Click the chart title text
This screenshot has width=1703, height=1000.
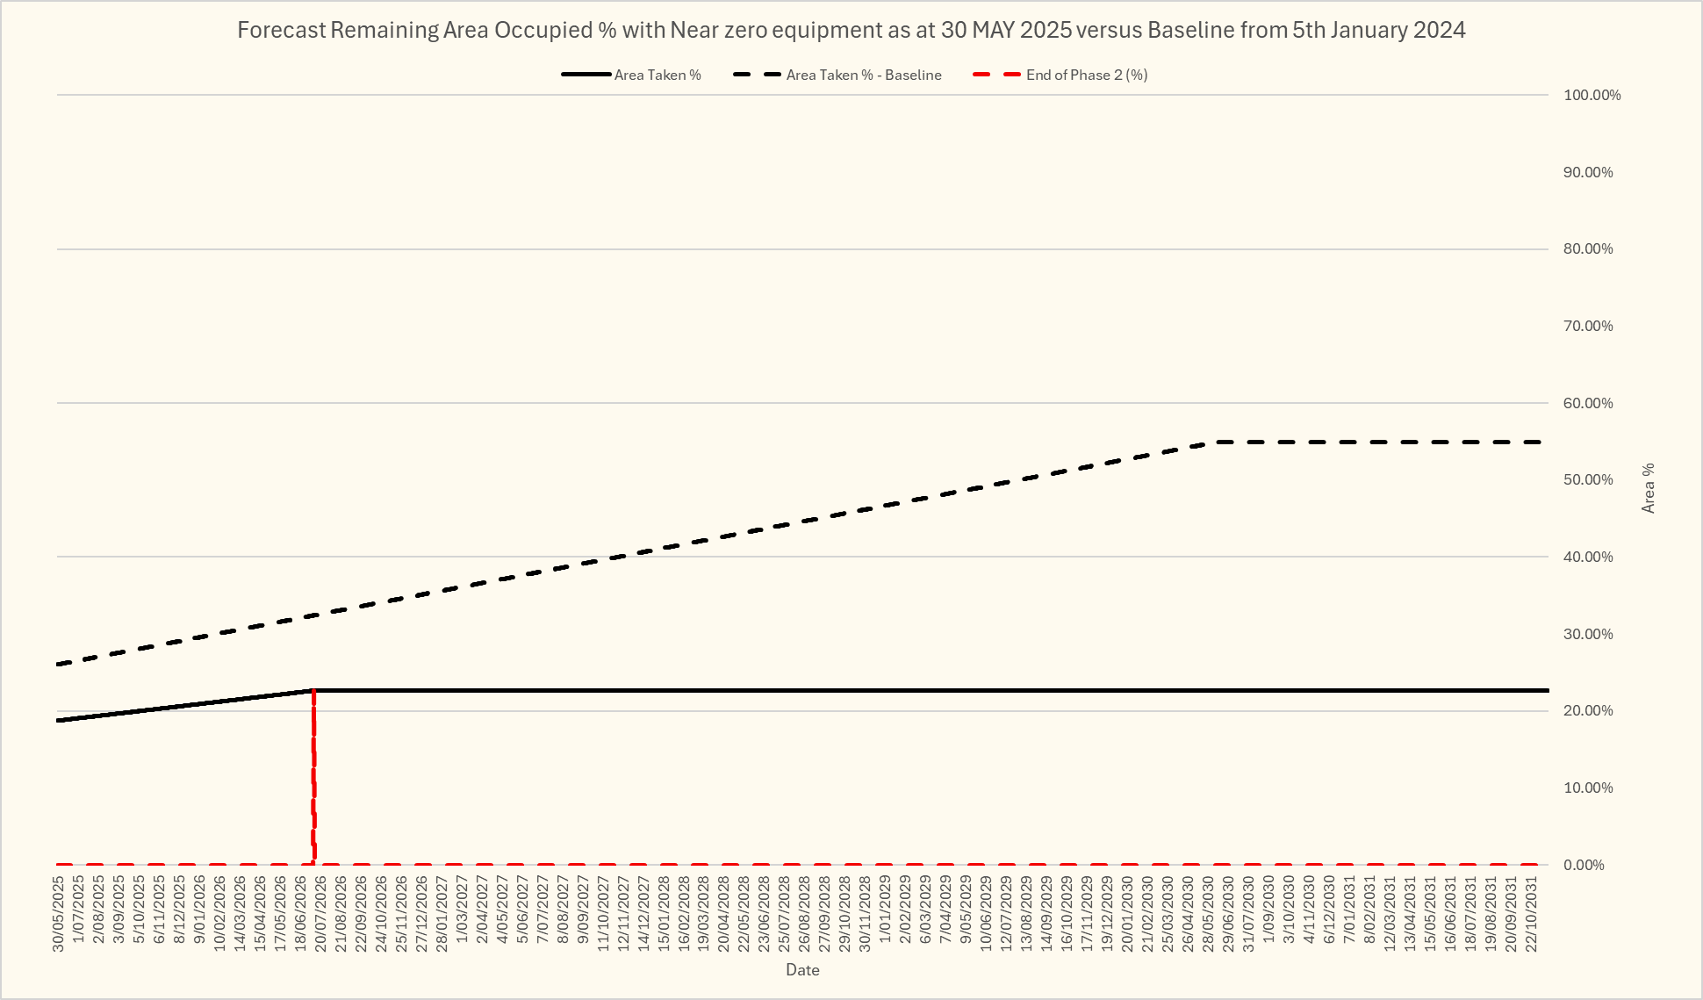[851, 30]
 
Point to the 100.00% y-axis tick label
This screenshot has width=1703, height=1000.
[1592, 95]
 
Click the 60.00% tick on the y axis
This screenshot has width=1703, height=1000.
[1588, 403]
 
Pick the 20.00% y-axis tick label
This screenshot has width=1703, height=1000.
[1588, 710]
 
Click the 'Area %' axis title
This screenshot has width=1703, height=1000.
[1648, 488]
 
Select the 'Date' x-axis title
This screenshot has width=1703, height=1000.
[802, 970]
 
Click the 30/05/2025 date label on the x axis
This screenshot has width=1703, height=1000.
[59, 914]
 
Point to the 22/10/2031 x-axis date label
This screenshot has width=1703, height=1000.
[1531, 914]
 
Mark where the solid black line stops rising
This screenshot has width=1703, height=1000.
[313, 691]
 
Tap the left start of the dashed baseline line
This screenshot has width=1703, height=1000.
[59, 665]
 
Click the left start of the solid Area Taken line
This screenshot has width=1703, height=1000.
[59, 720]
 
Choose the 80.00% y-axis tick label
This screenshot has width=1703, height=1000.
[1588, 249]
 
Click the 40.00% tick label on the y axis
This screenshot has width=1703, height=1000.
[1588, 557]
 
